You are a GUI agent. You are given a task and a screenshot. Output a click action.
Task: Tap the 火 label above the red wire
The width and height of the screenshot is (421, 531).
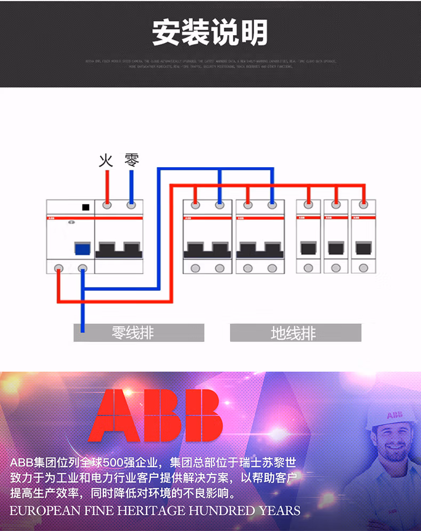[106, 160]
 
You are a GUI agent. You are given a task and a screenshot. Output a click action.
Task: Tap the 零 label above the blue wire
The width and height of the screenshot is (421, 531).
[132, 160]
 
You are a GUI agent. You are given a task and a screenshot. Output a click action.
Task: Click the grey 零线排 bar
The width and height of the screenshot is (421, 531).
[139, 333]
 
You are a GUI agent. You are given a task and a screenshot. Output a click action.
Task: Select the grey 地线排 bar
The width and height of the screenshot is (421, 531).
[295, 333]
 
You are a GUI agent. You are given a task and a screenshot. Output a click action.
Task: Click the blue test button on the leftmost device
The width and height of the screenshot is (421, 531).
[82, 249]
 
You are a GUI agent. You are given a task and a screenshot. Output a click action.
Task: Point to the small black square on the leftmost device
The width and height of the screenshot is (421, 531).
[85, 207]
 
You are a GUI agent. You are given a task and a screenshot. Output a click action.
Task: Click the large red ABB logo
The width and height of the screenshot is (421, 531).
[156, 415]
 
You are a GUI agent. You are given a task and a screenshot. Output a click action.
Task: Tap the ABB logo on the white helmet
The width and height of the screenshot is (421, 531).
[395, 414]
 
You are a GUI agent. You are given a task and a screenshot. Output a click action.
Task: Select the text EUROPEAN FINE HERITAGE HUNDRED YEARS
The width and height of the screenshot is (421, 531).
[155, 510]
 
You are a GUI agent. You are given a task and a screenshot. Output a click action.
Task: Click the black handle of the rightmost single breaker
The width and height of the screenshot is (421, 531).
[363, 248]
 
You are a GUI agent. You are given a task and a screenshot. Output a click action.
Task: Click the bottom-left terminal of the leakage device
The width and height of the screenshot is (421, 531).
[59, 268]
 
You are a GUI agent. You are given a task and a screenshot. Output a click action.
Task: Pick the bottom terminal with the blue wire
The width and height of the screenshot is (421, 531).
[82, 268]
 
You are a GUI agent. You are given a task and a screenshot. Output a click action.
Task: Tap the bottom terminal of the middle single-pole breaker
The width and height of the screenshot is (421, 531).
[336, 268]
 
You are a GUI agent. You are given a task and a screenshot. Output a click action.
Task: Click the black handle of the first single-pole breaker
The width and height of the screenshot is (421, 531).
[308, 248]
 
